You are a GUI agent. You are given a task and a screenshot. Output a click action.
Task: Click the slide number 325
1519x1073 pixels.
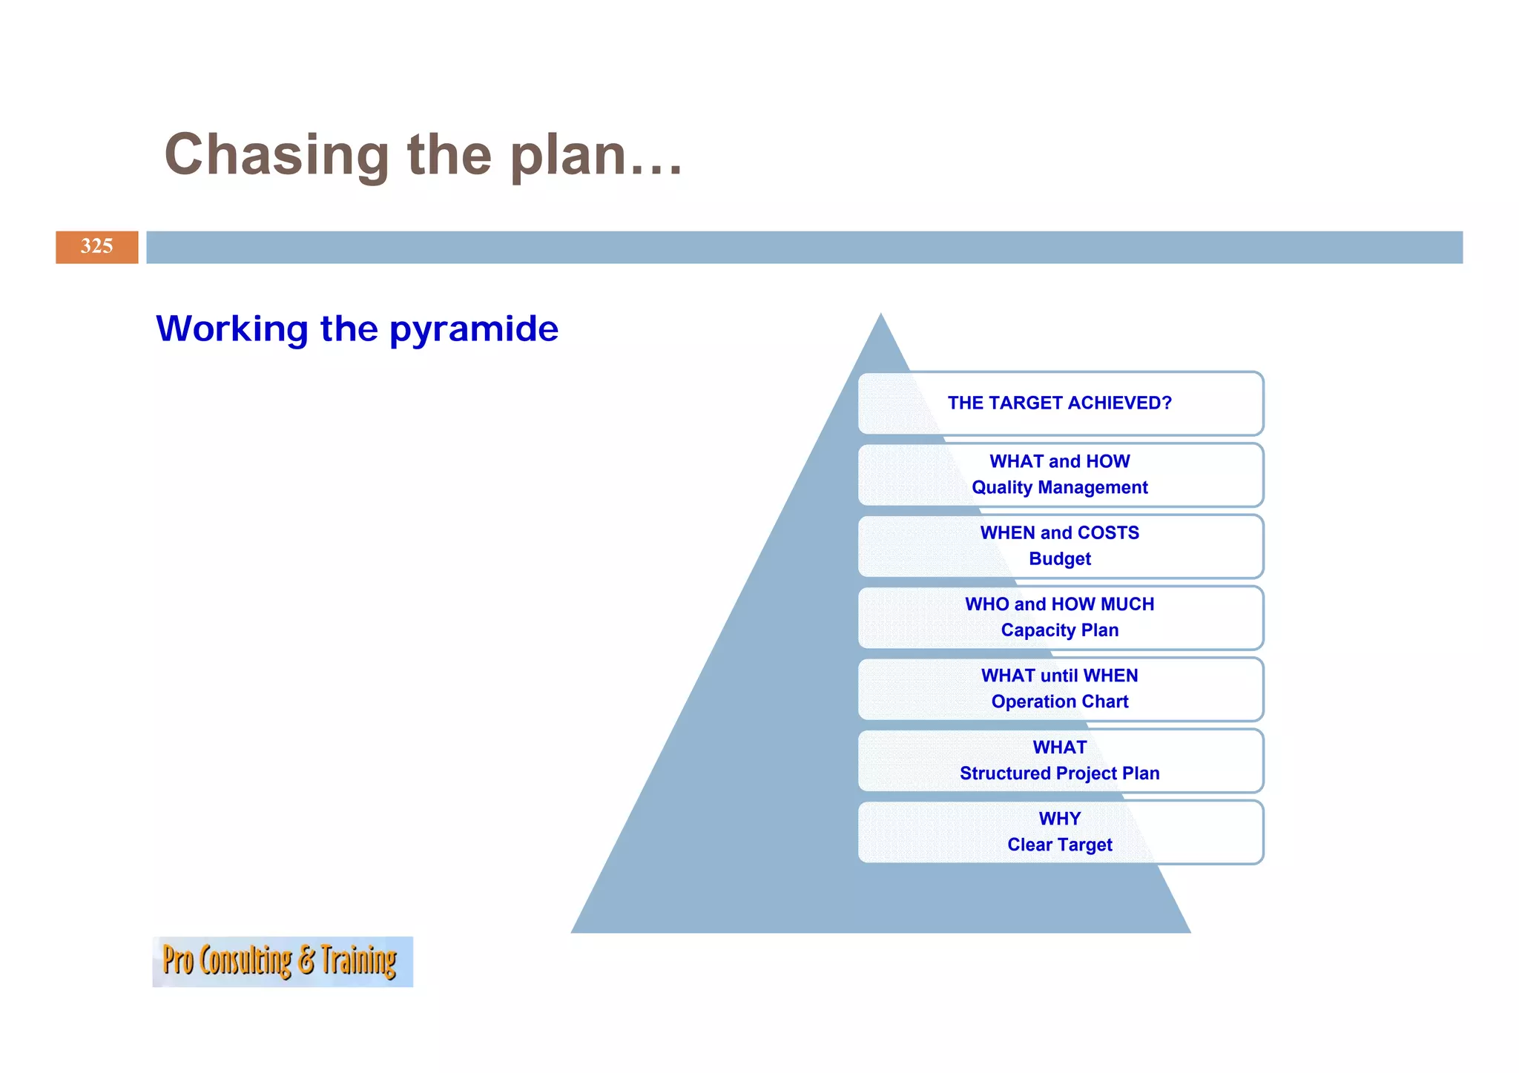tap(96, 246)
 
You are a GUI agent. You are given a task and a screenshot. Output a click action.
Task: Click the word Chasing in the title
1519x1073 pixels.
tap(276, 155)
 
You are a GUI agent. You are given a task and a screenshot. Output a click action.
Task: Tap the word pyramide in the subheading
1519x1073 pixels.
tap(473, 328)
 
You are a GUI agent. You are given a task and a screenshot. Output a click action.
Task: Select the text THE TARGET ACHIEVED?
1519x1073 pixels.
tap(1059, 403)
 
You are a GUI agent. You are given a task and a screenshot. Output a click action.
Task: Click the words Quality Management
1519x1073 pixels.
tap(1059, 487)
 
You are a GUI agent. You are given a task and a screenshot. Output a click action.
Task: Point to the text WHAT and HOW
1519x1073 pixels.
tap(1059, 461)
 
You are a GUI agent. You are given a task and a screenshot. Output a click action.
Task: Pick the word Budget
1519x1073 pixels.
tap(1059, 558)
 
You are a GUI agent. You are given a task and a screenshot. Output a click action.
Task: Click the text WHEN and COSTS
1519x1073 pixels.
tap(1059, 532)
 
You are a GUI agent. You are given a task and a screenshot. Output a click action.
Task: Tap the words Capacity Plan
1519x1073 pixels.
tap(1059, 630)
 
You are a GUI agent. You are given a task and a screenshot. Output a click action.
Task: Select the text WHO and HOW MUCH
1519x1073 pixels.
tap(1059, 604)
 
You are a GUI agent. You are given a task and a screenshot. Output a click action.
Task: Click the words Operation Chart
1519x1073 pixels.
tap(1059, 701)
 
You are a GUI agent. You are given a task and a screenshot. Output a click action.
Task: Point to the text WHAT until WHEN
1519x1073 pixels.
tap(1059, 675)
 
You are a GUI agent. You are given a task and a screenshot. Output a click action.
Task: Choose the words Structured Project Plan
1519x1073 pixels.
tap(1059, 773)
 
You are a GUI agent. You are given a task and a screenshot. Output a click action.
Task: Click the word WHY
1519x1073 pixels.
tap(1059, 818)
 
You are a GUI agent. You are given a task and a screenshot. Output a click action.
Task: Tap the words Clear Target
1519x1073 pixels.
tap(1059, 844)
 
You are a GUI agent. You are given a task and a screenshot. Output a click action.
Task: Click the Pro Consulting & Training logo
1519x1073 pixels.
tap(282, 961)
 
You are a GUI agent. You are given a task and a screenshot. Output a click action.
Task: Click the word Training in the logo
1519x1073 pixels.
tap(358, 961)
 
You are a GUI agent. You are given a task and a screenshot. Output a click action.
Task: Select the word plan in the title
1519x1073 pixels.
tap(567, 155)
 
